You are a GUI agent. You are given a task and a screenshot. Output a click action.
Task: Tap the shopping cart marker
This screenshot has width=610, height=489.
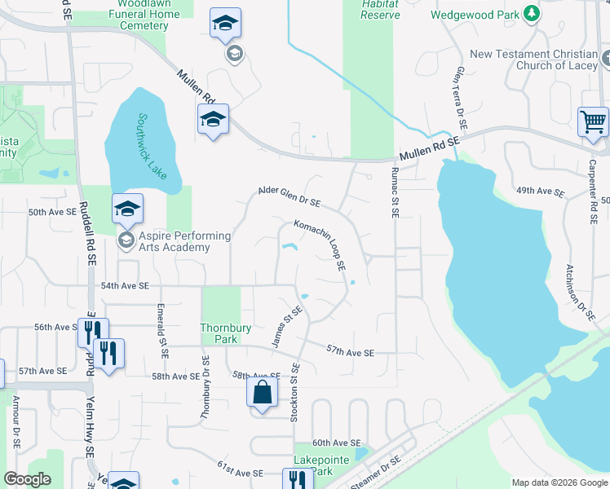(x=594, y=123)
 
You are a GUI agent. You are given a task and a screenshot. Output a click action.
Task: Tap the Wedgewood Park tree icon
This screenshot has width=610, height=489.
(x=532, y=14)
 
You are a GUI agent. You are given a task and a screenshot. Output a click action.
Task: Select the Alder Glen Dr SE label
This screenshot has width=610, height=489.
(x=290, y=196)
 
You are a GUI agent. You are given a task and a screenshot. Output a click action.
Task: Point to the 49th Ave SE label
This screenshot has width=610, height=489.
(x=540, y=192)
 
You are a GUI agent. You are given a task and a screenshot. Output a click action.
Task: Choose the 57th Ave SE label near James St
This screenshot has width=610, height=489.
(x=350, y=352)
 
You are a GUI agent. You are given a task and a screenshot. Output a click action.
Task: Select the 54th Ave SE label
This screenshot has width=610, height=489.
(x=125, y=286)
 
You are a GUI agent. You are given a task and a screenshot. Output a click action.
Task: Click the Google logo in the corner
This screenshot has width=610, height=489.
(x=27, y=479)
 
